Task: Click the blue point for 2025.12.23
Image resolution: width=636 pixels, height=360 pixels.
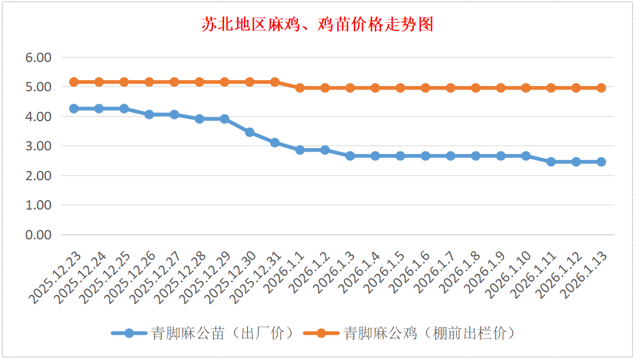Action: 74,108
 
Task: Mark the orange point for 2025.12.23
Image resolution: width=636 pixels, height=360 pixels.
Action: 74,82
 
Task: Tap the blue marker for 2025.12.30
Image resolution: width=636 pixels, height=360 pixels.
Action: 250,132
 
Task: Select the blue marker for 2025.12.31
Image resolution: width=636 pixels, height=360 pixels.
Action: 275,142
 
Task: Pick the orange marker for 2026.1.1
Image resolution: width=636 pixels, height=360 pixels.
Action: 300,88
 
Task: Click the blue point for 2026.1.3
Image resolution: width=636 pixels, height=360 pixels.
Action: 350,156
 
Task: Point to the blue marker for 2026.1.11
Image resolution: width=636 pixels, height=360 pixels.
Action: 551,162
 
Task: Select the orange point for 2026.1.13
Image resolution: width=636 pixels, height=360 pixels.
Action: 601,88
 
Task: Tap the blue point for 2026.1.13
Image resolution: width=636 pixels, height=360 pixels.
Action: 601,162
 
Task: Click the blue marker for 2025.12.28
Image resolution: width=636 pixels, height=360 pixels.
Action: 200,119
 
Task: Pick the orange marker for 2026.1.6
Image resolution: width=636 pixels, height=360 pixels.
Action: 425,88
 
